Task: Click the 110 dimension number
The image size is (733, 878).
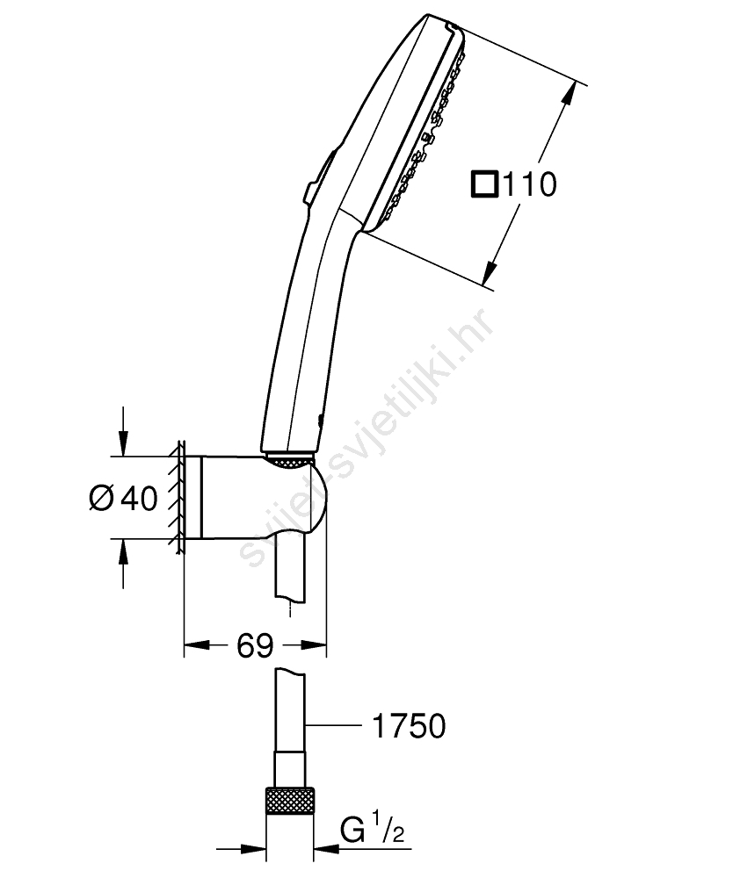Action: pyautogui.click(x=530, y=184)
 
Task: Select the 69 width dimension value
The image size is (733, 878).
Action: pyautogui.click(x=254, y=645)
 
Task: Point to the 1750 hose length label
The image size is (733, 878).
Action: pyautogui.click(x=409, y=725)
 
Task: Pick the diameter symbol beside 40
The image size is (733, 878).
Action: pyautogui.click(x=101, y=497)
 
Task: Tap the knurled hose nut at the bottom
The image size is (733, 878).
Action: pyautogui.click(x=290, y=802)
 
